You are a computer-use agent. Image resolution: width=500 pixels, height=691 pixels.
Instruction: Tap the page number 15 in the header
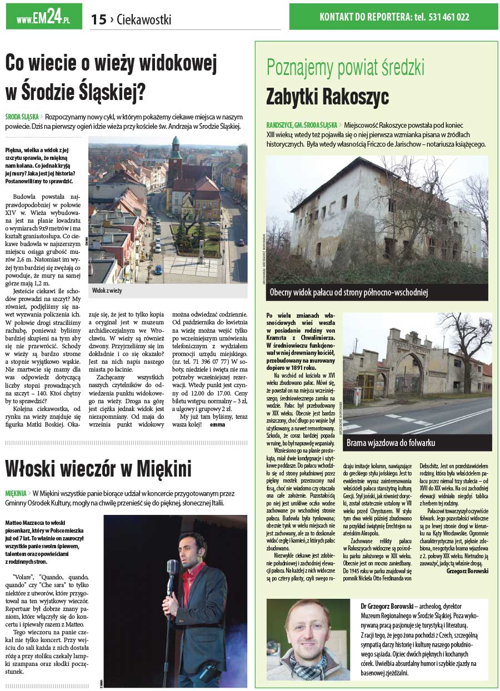click(98, 19)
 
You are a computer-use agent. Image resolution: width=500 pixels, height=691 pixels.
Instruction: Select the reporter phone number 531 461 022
click(449, 17)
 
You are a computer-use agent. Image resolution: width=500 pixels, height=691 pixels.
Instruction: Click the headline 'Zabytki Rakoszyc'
click(327, 96)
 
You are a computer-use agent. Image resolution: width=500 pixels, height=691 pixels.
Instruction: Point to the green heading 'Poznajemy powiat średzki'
click(345, 67)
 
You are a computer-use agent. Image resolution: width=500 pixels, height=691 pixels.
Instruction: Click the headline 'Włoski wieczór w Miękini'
click(98, 469)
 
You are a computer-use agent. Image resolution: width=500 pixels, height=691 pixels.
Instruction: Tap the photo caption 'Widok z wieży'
click(107, 291)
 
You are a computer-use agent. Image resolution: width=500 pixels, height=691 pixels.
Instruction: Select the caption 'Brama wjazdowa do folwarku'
click(391, 443)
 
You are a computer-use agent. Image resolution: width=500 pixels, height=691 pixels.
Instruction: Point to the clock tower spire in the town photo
click(176, 146)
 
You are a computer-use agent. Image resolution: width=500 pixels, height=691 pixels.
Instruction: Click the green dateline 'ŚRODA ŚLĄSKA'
click(22, 117)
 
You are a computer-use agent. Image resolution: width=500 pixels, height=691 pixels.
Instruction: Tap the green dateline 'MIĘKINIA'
click(16, 493)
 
